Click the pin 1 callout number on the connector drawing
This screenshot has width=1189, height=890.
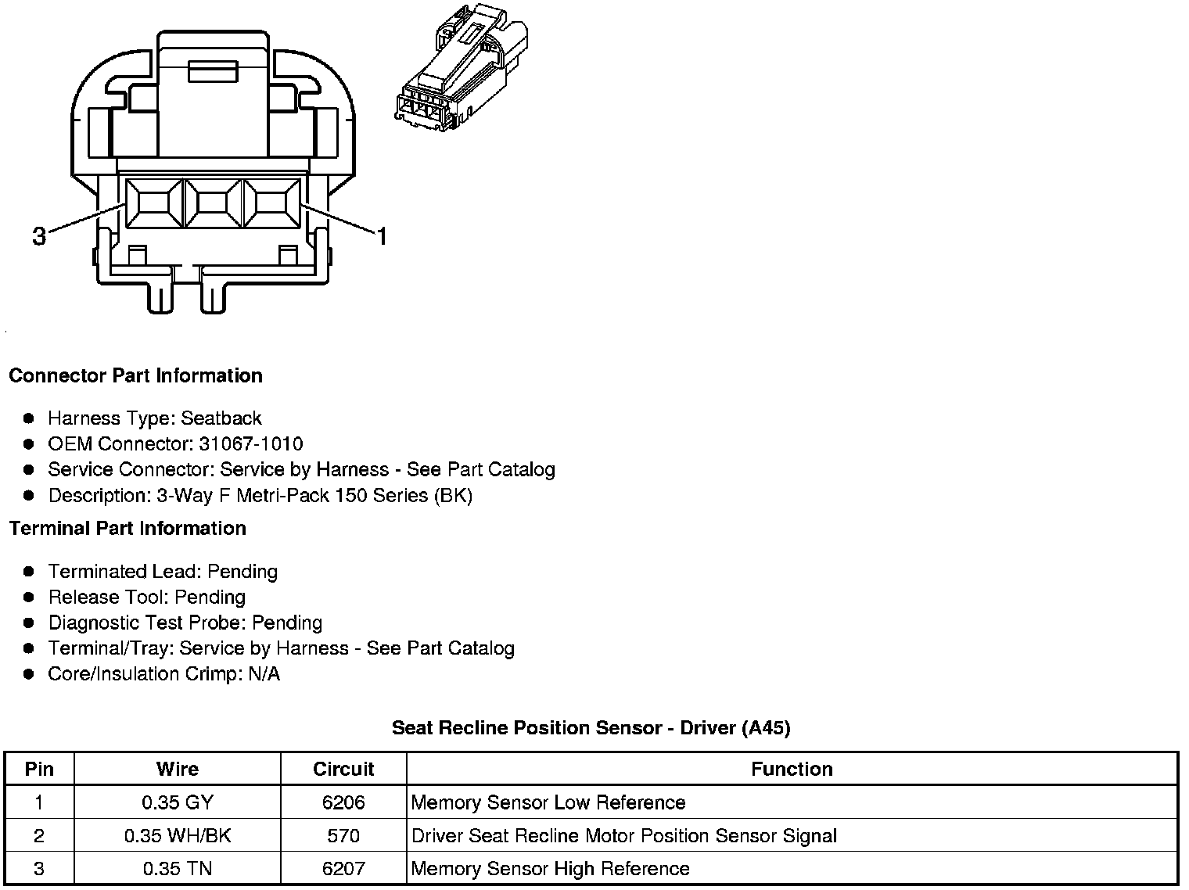382,236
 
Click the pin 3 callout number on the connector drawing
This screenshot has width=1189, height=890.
39,236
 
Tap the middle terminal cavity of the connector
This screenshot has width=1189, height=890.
213,204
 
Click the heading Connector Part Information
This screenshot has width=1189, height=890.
135,376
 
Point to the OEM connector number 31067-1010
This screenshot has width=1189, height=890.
250,444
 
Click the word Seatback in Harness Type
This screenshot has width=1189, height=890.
221,418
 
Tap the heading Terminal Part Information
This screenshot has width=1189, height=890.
128,529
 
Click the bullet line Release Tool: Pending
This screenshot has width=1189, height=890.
147,598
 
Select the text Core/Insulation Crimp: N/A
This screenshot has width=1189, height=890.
163,674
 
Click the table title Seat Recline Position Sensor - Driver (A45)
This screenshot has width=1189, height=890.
591,728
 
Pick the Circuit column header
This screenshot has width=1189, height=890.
343,770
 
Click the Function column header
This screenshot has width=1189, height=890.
792,770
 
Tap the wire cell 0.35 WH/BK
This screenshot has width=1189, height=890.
178,836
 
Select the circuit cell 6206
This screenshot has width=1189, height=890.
343,803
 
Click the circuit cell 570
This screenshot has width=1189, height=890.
343,836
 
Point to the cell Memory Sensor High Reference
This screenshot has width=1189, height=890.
550,869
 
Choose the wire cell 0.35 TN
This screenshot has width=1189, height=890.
178,869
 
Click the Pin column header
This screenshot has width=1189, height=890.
39,770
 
